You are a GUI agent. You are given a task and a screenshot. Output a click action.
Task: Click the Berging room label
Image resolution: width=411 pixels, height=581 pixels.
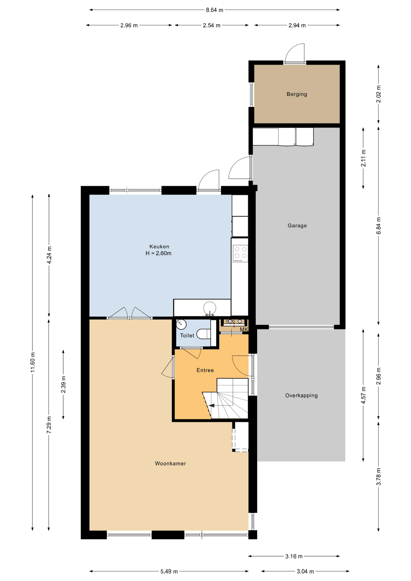297,94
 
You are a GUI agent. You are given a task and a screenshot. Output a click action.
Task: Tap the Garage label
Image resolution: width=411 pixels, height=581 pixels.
297,225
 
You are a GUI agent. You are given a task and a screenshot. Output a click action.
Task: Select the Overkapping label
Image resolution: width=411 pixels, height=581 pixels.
301,396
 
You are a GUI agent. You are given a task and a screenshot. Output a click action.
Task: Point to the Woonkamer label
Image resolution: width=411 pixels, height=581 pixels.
170,463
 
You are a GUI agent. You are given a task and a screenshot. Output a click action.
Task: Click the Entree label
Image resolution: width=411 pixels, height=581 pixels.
205,370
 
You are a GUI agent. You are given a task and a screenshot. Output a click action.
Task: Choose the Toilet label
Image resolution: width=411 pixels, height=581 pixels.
187,335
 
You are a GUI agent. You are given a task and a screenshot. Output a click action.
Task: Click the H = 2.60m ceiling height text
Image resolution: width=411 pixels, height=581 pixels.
159,253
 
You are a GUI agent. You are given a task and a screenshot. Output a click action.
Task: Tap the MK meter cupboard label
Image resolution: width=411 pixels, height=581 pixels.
244,329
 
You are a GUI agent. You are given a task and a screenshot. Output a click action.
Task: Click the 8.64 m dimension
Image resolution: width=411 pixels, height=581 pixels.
215,10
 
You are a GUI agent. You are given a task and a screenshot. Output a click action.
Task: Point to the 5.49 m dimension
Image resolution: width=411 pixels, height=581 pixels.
169,571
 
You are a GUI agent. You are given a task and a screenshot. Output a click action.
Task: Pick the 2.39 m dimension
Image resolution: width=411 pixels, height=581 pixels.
63,384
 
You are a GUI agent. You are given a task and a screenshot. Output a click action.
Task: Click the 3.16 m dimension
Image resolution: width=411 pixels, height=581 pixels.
294,556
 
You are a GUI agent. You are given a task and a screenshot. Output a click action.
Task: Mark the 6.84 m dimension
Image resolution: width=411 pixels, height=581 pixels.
378,225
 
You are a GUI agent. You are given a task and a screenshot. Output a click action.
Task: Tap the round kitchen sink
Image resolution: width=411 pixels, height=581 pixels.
210,308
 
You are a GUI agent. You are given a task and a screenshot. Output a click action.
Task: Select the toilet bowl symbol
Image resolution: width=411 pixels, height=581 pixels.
203,334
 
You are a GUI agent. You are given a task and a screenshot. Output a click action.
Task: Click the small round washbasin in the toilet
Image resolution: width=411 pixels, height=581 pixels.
181,324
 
